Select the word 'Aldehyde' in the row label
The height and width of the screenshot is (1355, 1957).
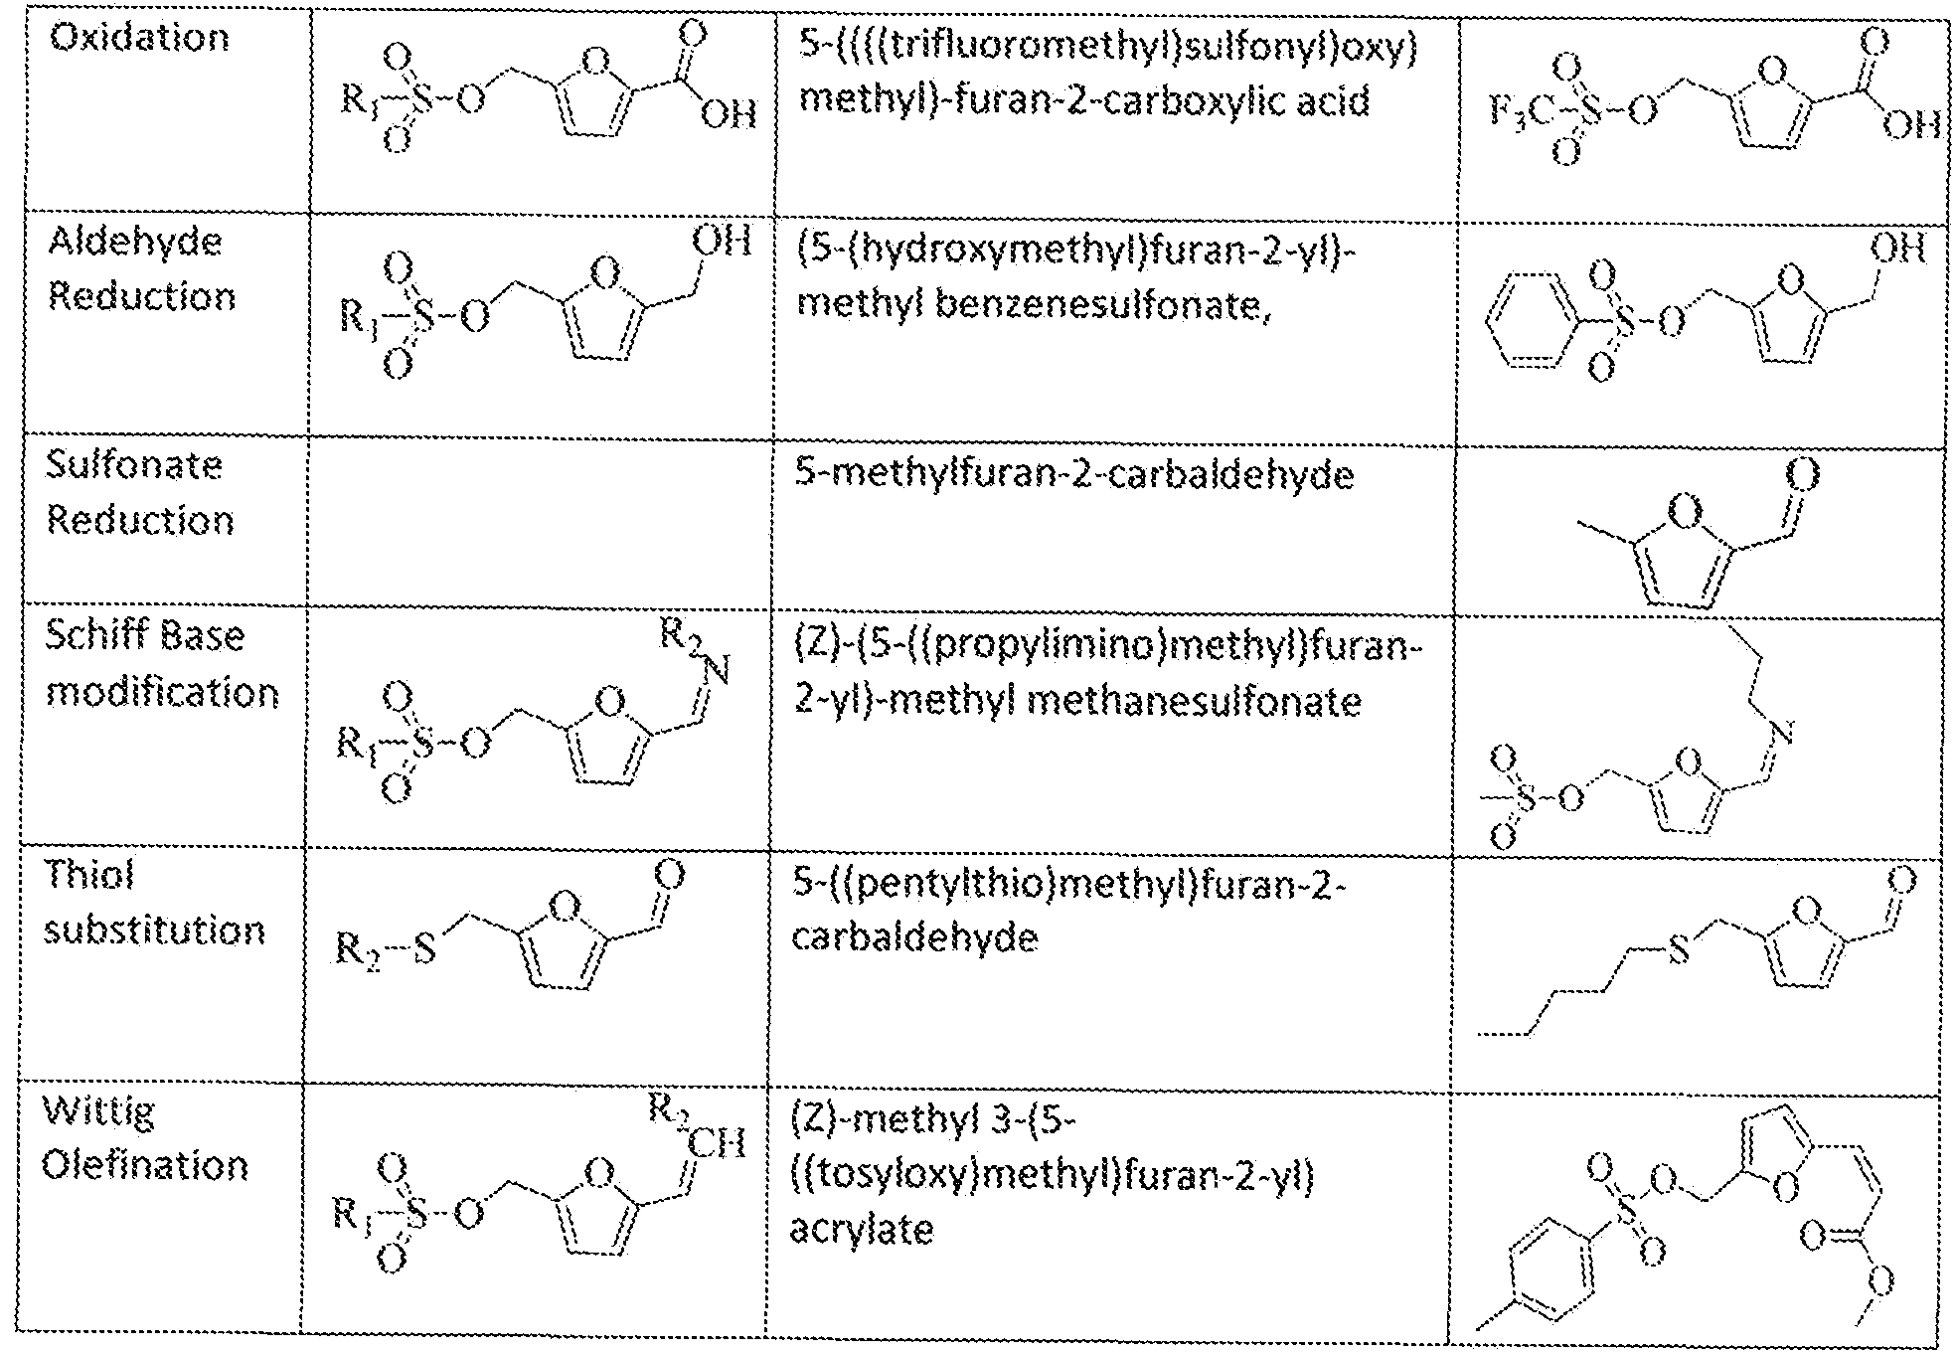click(x=135, y=244)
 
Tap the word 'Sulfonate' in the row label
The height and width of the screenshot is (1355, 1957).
click(x=134, y=465)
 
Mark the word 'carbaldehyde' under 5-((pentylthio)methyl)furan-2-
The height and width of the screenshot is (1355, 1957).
click(x=914, y=937)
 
